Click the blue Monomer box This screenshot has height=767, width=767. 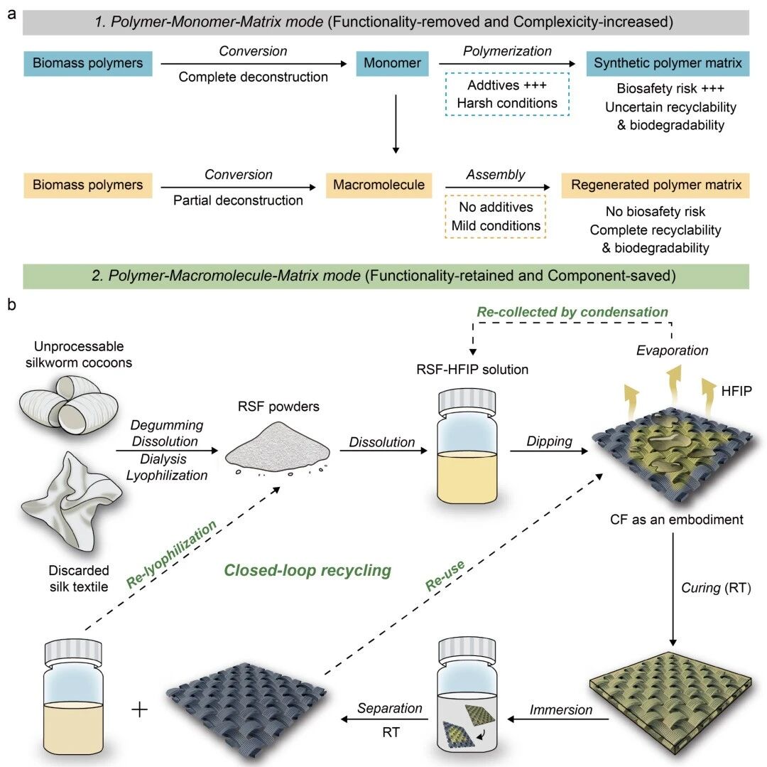coord(392,64)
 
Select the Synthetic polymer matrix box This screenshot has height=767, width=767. coord(668,64)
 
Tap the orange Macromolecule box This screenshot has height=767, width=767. coord(379,185)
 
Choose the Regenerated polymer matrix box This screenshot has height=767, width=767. coord(656,185)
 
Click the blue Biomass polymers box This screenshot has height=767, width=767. coord(88,64)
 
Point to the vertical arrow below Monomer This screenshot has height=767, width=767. coord(396,124)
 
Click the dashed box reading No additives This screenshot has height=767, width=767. coord(496,216)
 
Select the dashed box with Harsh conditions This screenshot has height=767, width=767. coord(507,94)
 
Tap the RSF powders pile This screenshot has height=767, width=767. coord(278,448)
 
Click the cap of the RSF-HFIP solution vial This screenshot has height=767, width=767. coord(467,402)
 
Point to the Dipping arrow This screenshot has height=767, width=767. coord(549,451)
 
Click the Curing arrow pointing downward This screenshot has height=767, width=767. coord(673,589)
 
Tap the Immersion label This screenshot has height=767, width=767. coord(560,709)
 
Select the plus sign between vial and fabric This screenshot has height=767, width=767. coord(140,709)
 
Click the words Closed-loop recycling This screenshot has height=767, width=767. coord(308,570)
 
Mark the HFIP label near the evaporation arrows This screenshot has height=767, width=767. coord(736,391)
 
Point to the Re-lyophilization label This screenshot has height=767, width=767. coord(171,554)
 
